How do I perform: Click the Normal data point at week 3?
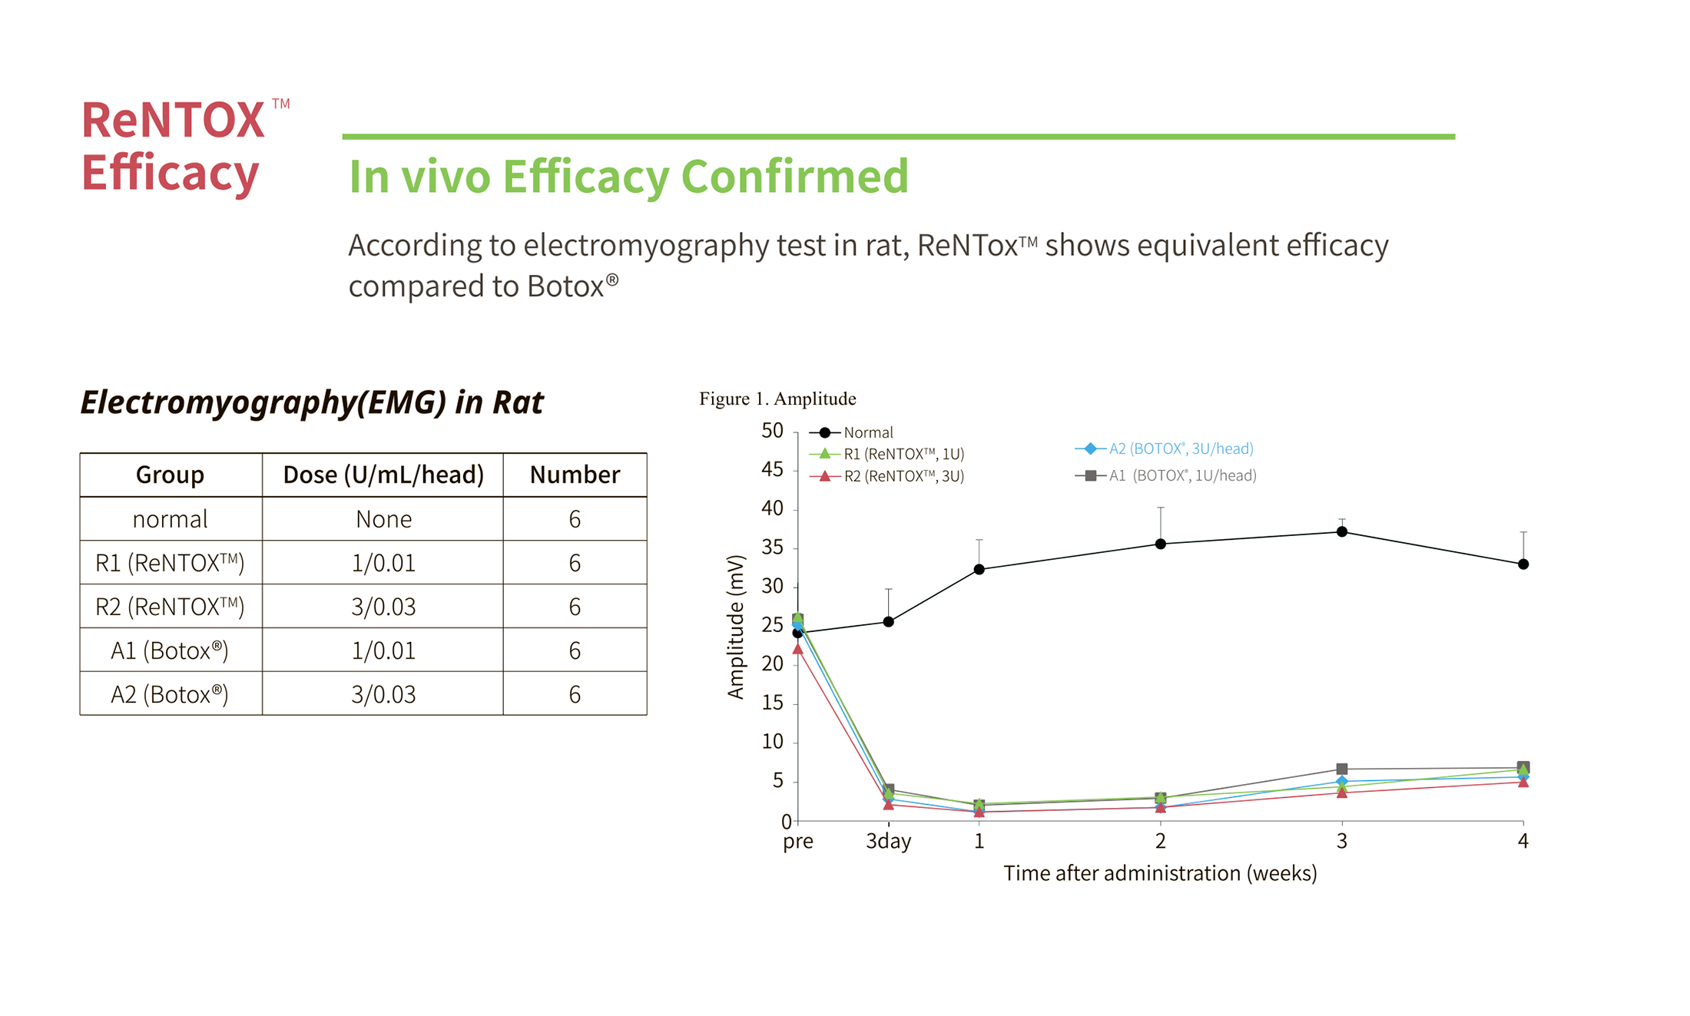pyautogui.click(x=1341, y=531)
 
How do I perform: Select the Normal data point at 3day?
pyautogui.click(x=888, y=621)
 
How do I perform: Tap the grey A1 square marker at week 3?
pyautogui.click(x=1341, y=769)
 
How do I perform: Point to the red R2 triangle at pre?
pyautogui.click(x=797, y=649)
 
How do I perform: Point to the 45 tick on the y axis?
pyautogui.click(x=772, y=469)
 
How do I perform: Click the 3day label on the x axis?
pyautogui.click(x=888, y=841)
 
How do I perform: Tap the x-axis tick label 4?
pyautogui.click(x=1523, y=841)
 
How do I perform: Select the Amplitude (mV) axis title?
pyautogui.click(x=736, y=627)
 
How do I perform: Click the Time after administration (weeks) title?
pyautogui.click(x=1160, y=873)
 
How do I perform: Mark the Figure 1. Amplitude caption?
pyautogui.click(x=777, y=399)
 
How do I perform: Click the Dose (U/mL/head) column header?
pyautogui.click(x=383, y=475)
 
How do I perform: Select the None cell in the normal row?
pyautogui.click(x=383, y=519)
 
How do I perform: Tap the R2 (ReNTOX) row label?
pyautogui.click(x=170, y=607)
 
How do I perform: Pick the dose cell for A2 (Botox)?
pyautogui.click(x=383, y=694)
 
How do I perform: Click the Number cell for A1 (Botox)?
pyautogui.click(x=575, y=650)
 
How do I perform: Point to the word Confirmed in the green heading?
pyautogui.click(x=794, y=177)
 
